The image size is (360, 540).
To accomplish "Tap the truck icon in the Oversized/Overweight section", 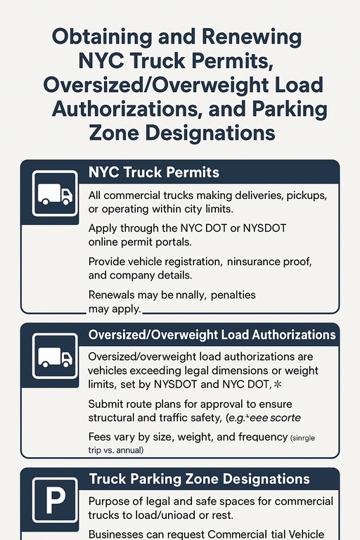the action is point(54,357).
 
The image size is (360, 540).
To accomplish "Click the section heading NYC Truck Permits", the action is point(154,172).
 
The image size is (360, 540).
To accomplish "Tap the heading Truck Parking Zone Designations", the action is point(199,480).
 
